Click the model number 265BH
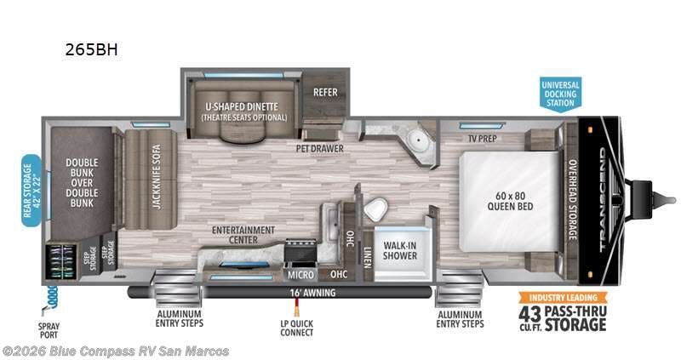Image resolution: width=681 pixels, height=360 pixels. [91, 49]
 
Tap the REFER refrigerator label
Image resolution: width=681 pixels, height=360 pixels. [325, 92]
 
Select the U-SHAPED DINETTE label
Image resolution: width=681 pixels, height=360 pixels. [242, 106]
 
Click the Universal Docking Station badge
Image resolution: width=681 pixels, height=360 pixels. [561, 94]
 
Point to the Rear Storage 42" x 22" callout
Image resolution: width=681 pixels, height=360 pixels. [31, 191]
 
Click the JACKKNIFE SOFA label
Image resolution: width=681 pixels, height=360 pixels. [157, 176]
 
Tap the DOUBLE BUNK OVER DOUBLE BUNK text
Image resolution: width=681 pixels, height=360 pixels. [82, 183]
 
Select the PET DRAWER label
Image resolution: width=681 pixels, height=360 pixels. [320, 149]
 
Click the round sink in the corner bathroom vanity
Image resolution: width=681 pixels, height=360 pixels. [419, 140]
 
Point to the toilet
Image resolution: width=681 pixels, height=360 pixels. [375, 209]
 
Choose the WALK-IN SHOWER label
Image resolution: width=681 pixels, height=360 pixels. [400, 250]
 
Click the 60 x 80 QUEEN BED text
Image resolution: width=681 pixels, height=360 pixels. [510, 201]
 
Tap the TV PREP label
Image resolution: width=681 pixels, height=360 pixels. [483, 139]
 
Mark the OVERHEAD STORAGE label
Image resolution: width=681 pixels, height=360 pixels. [573, 200]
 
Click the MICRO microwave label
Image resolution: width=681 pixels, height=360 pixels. [300, 274]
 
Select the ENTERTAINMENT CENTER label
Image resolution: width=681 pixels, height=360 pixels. [243, 235]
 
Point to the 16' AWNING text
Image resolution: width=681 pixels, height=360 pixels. [312, 293]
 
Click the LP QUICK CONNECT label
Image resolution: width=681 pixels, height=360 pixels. [296, 328]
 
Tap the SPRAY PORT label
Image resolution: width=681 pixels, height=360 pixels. [49, 330]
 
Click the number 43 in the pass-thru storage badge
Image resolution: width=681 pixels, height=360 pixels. [529, 313]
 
